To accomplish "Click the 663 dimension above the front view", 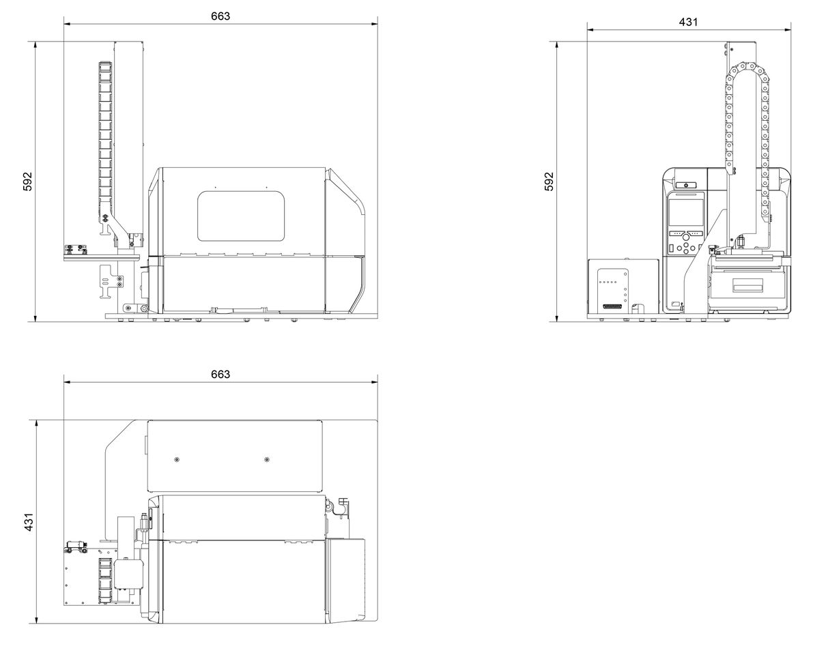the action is [x=220, y=16].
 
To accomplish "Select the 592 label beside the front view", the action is [x=27, y=181].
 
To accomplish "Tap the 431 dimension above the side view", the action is [x=688, y=23].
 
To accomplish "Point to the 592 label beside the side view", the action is [x=550, y=181].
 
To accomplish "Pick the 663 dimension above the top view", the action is [x=220, y=374].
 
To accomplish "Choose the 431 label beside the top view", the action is [x=29, y=522].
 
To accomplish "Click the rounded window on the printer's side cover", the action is [x=241, y=216].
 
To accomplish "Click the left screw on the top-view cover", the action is [x=177, y=460].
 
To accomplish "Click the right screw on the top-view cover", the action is [x=267, y=460].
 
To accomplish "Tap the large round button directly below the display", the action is [x=686, y=237].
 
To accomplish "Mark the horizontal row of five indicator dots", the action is [x=608, y=282].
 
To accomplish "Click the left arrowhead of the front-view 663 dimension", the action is [x=67, y=24].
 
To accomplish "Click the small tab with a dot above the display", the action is [x=686, y=186].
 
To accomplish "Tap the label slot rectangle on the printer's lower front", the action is [x=747, y=285].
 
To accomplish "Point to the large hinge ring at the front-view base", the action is [x=144, y=308].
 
